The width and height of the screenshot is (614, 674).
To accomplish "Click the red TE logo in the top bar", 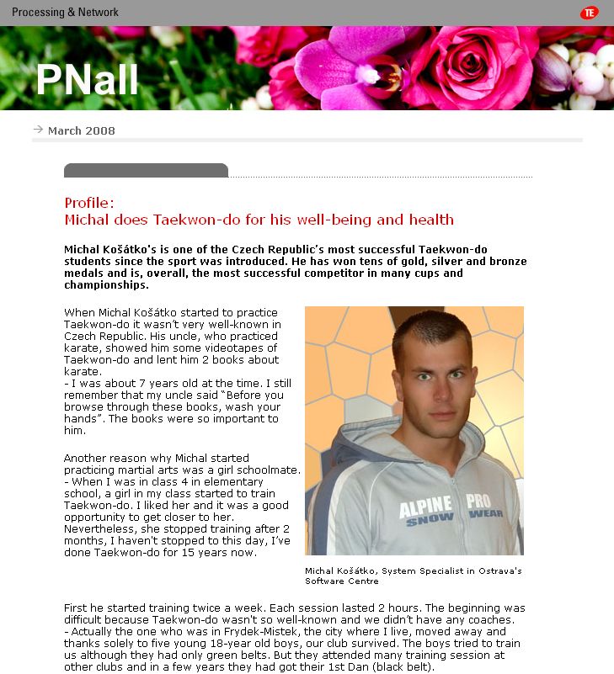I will click(589, 13).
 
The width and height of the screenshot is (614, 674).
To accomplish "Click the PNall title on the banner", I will click(87, 80).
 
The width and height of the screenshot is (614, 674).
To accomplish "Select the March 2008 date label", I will click(82, 130).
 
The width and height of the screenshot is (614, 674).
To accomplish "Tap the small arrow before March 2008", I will click(38, 130).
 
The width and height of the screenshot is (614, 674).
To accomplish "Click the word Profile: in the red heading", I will click(89, 203).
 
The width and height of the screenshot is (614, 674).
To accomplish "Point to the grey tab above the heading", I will click(146, 170).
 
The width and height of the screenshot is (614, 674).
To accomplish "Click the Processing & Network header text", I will click(65, 13).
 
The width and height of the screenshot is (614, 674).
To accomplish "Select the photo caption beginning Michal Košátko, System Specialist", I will click(413, 576).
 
